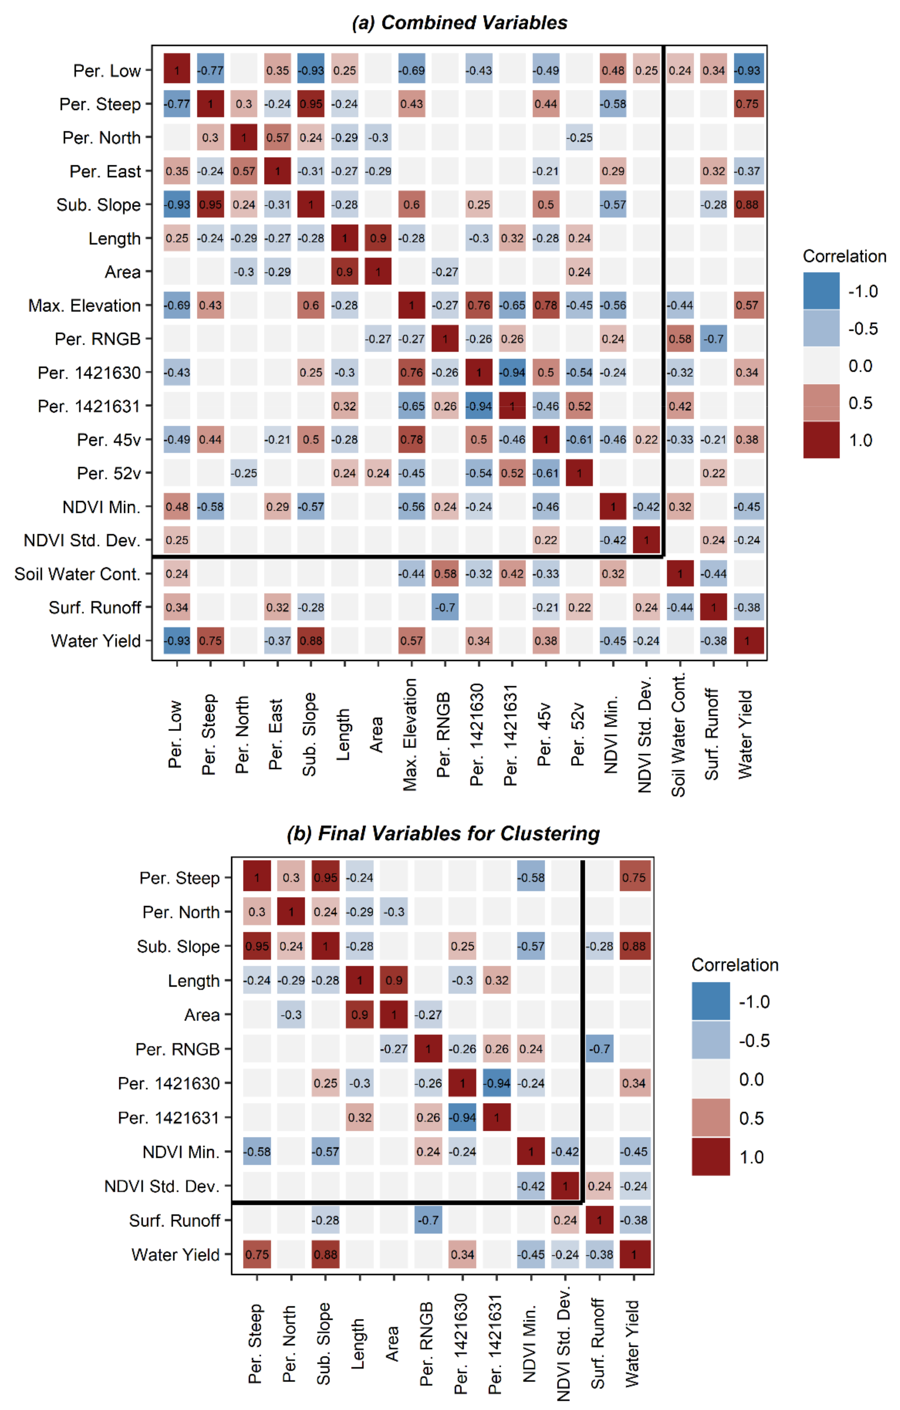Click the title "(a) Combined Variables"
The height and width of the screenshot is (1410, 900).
click(x=459, y=23)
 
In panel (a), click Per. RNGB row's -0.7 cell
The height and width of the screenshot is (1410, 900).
click(x=713, y=339)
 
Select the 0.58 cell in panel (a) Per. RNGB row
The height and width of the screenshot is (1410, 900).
click(x=680, y=339)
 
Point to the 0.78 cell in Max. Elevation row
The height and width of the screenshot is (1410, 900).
click(x=546, y=306)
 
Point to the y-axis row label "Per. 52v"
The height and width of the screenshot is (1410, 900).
click(x=109, y=473)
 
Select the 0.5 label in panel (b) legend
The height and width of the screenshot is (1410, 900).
click(x=751, y=1118)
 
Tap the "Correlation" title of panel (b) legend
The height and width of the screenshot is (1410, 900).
click(x=735, y=965)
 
